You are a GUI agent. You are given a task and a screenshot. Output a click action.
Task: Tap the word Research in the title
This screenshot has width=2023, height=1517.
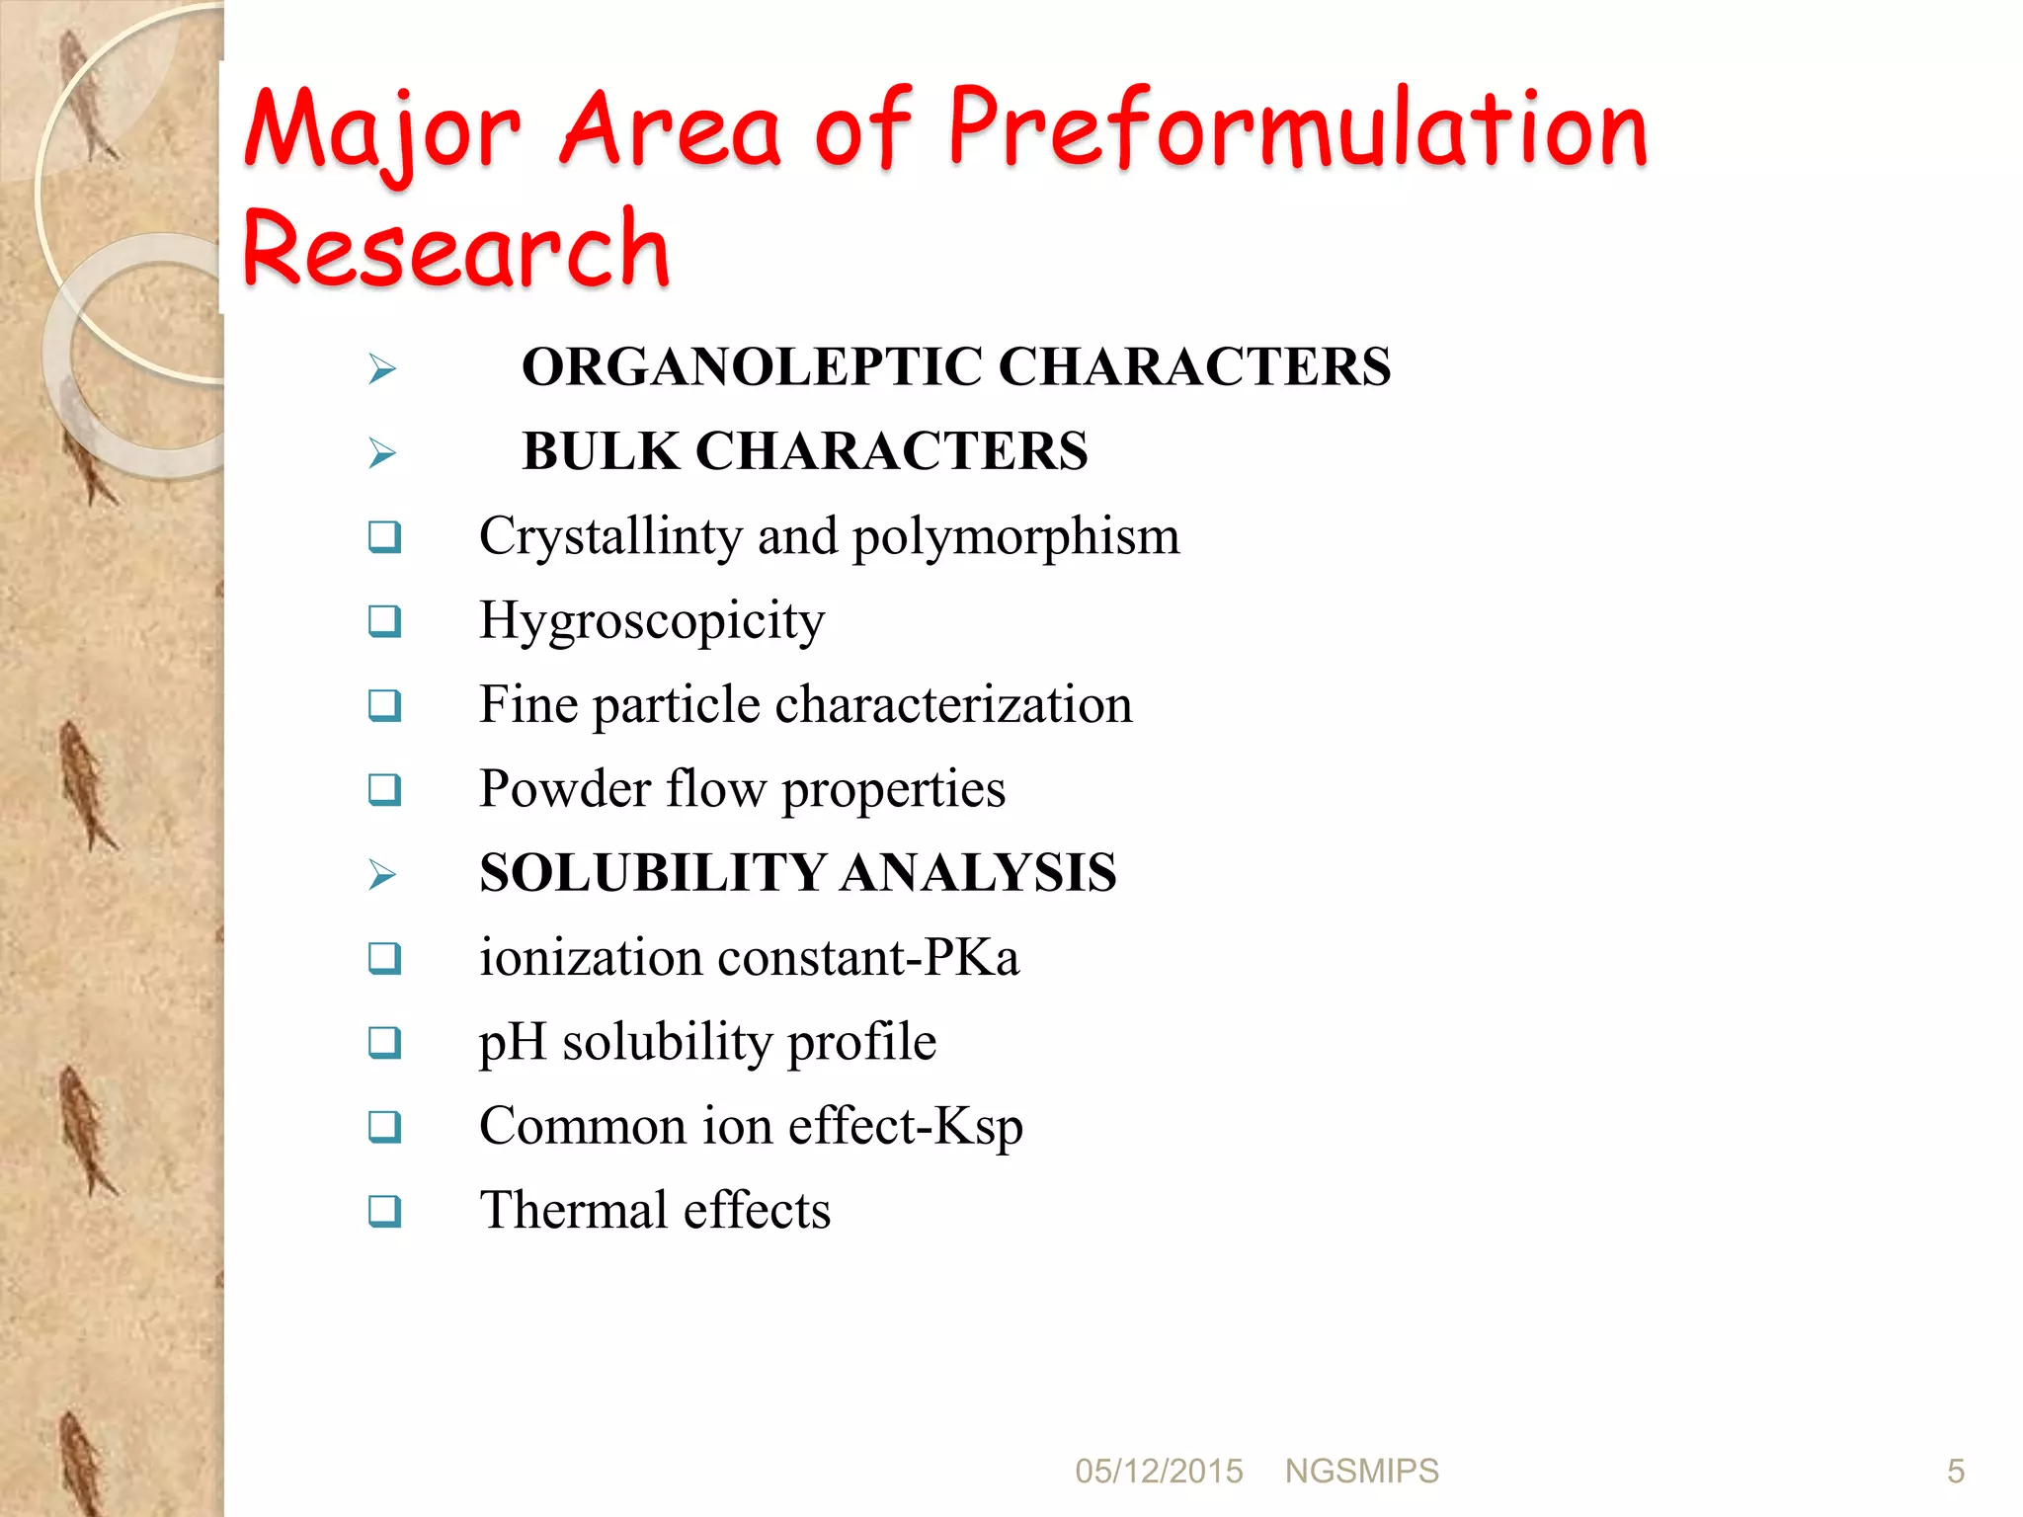coord(455,249)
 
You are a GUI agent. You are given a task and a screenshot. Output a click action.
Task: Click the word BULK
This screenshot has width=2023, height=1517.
coord(601,451)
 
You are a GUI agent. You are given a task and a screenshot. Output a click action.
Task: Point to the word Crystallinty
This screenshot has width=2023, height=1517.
coord(609,537)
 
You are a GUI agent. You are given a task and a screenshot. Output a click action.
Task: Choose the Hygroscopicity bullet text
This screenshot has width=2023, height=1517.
coord(652,621)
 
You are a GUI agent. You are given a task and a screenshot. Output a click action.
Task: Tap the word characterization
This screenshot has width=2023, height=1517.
coord(953,705)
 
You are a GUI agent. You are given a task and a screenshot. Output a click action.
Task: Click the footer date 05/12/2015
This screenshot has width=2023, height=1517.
coord(1159,1472)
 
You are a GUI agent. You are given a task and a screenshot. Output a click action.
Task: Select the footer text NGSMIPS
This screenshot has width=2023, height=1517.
coord(1361,1472)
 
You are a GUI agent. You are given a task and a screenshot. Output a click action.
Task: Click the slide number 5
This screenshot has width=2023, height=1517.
coord(1955,1472)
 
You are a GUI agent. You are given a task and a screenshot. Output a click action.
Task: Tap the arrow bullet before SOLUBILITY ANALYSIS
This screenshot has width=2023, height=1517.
coord(382,875)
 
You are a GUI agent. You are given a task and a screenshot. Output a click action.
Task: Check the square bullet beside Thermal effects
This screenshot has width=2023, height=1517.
coord(384,1211)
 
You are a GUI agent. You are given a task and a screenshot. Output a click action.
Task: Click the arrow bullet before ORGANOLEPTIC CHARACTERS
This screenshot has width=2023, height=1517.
coord(382,369)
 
